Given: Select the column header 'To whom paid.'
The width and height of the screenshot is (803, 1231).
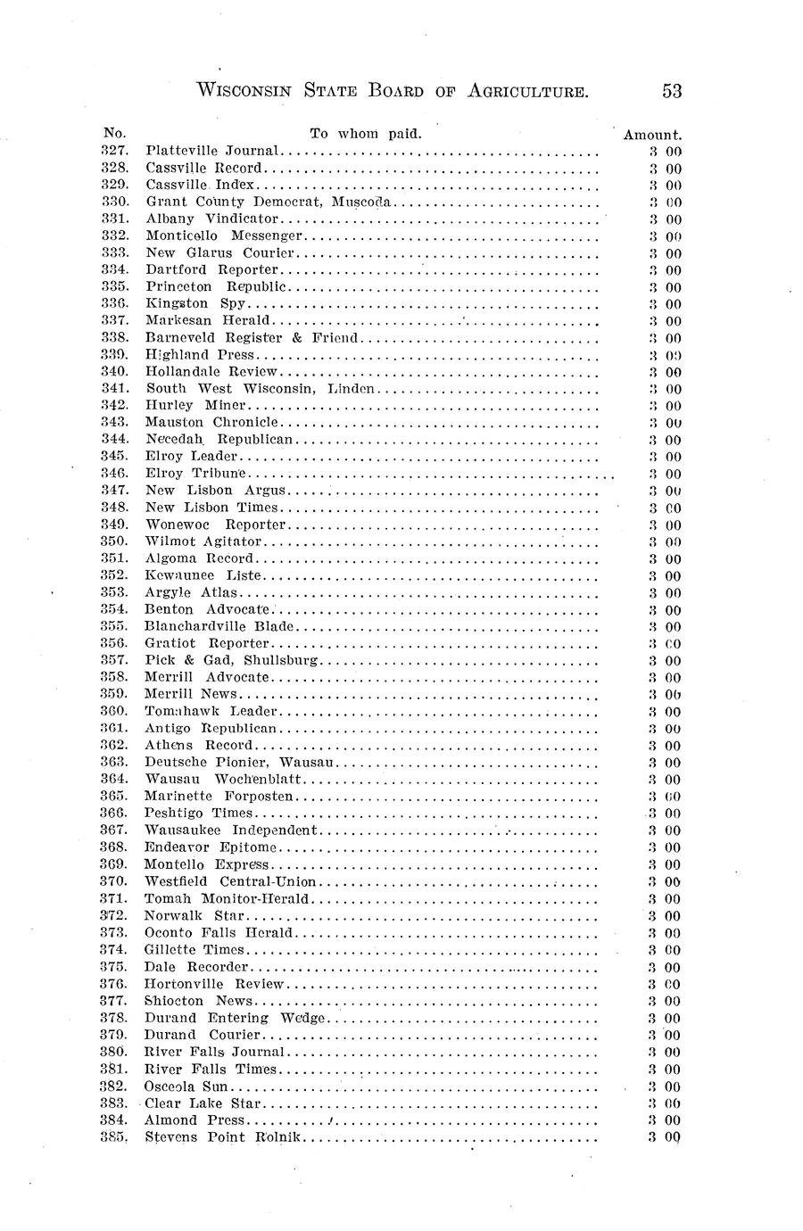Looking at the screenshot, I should (x=365, y=134).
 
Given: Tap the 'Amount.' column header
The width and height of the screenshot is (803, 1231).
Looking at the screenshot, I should (x=652, y=135).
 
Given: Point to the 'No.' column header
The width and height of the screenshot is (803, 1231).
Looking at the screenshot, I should (x=115, y=134).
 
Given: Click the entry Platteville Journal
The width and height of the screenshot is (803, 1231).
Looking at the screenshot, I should (x=213, y=151).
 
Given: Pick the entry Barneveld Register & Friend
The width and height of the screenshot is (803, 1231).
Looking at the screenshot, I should (x=252, y=337).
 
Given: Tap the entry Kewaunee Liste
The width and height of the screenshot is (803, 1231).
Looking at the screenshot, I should (x=203, y=575).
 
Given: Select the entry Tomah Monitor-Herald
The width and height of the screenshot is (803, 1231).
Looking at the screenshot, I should (x=227, y=898).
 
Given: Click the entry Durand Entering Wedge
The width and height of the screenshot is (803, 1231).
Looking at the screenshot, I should (x=236, y=1018).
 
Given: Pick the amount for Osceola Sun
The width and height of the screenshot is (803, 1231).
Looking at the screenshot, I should (x=666, y=1086).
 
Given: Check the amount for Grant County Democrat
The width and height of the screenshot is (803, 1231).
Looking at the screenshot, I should (x=666, y=202).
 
